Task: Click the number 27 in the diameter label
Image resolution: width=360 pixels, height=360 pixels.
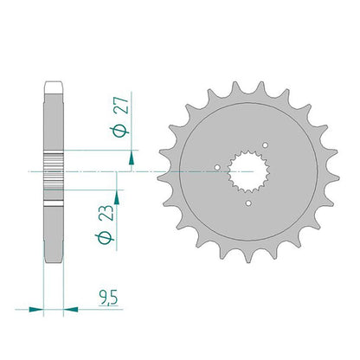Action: pos(121,106)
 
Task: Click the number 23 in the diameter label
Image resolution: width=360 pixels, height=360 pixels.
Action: pos(106,213)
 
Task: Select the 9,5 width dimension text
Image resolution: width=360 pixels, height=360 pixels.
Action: pos(108,298)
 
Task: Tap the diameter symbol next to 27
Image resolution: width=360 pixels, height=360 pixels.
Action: pos(119,132)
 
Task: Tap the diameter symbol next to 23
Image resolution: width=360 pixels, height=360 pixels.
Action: pos(105,238)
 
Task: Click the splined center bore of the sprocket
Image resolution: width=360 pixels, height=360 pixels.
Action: pos(248,171)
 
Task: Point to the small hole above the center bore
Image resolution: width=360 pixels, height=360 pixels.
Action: pos(265,145)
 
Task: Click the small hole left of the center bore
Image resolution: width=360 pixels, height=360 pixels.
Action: pos(217,167)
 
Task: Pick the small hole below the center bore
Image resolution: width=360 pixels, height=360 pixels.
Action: pos(248,203)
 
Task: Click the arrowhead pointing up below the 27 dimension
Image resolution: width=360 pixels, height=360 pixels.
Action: pos(132,157)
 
